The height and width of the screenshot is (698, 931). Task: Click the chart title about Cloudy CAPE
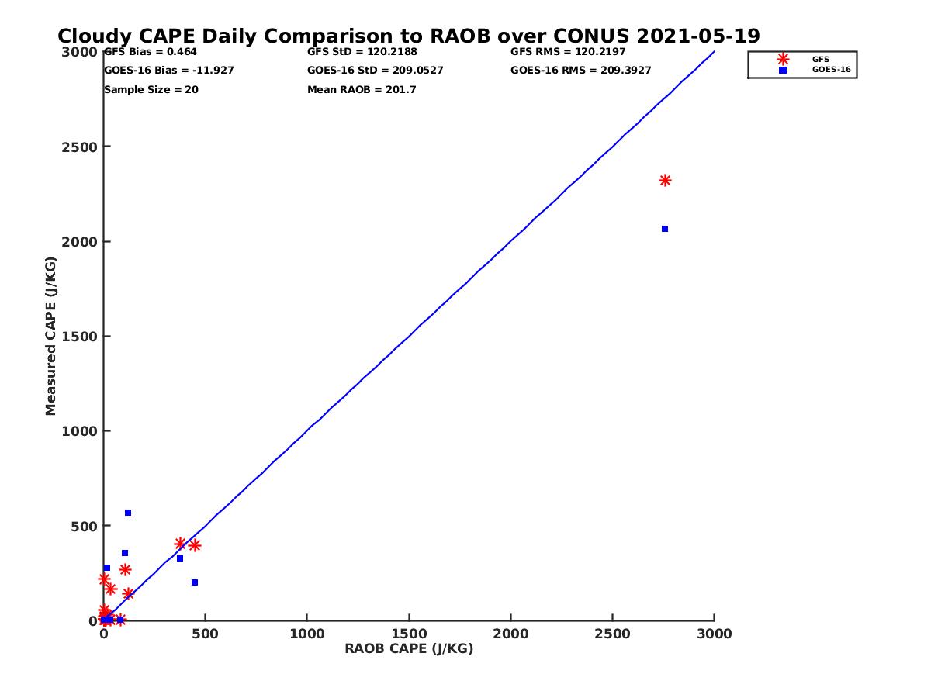pyautogui.click(x=409, y=36)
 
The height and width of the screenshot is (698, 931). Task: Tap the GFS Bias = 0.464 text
pyautogui.click(x=151, y=52)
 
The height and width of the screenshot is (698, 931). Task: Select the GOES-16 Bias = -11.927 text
pyautogui.click(x=169, y=71)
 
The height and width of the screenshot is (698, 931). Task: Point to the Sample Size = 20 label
pyautogui.click(x=151, y=90)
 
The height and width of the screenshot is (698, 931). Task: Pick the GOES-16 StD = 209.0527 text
pyautogui.click(x=376, y=71)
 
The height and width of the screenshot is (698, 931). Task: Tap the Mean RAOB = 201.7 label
pyautogui.click(x=362, y=90)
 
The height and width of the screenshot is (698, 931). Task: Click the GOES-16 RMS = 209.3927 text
pyautogui.click(x=581, y=71)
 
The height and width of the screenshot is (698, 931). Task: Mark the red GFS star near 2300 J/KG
pyautogui.click(x=665, y=181)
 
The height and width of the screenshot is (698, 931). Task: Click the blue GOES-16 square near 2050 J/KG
pyautogui.click(x=665, y=229)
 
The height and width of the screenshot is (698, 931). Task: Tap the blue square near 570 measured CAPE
pyautogui.click(x=128, y=513)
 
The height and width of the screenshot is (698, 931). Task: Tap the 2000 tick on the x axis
pyautogui.click(x=510, y=634)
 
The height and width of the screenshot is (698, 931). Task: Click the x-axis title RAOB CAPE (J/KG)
pyautogui.click(x=409, y=649)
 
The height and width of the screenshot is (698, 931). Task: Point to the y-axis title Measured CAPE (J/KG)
pyautogui.click(x=51, y=336)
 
